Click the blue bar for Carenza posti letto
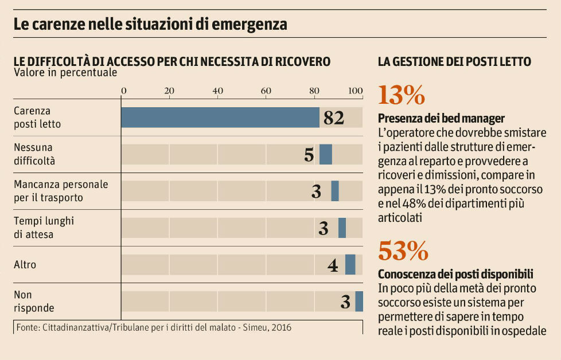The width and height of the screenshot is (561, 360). click(x=220, y=118)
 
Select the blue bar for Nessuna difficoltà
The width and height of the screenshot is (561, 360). click(x=326, y=155)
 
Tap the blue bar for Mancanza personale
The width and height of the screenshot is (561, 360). click(x=335, y=191)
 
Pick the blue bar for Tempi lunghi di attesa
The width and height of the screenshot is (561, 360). click(x=342, y=228)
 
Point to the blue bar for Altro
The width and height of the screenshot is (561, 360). click(x=350, y=264)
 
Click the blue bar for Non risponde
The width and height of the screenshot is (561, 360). click(x=359, y=302)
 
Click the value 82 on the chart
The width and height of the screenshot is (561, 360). click(x=333, y=118)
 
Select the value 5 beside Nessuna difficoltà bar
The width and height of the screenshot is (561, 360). click(x=309, y=155)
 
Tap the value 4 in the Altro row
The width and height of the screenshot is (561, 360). click(x=333, y=265)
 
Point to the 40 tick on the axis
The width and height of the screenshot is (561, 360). click(x=217, y=91)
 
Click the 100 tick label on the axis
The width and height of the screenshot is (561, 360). click(x=356, y=91)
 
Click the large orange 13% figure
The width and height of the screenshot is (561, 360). click(x=402, y=95)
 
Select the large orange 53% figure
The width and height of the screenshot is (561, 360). click(x=403, y=251)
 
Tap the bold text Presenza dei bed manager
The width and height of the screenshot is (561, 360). click(x=441, y=119)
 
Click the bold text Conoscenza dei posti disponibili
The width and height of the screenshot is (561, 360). click(x=455, y=273)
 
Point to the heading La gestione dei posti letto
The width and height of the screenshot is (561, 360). click(x=454, y=62)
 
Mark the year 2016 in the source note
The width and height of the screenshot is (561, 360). click(x=280, y=328)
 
